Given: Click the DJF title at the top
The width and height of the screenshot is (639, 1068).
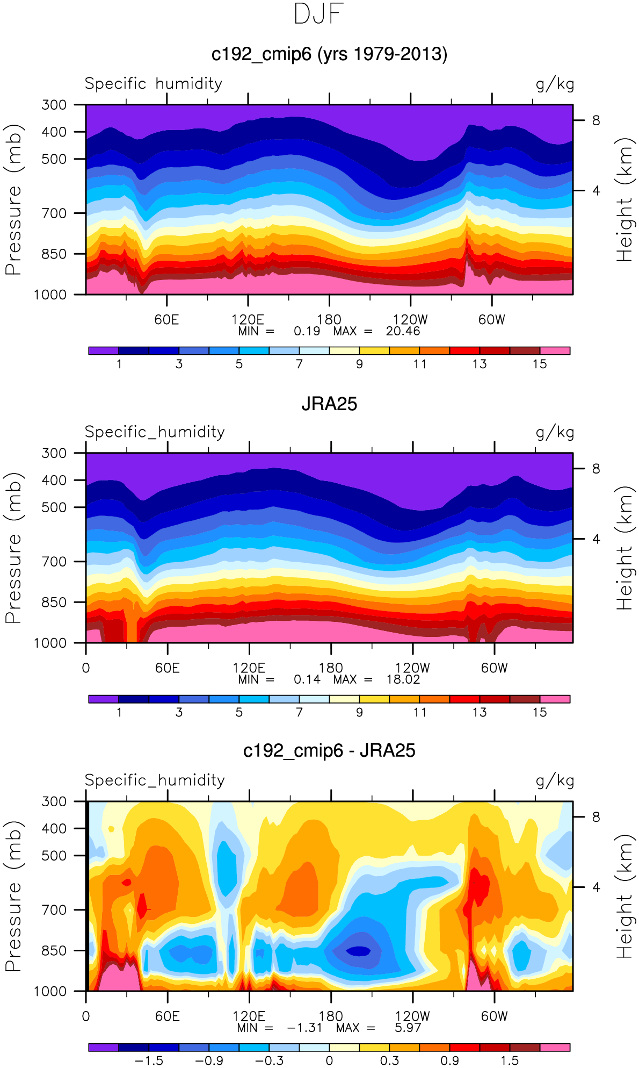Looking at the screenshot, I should [319, 14].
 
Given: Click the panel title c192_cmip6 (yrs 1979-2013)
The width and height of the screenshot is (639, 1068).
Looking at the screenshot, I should [329, 54].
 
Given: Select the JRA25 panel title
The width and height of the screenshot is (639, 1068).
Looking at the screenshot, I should [329, 404].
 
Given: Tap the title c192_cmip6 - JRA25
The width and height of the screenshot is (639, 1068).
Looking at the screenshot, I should [329, 750].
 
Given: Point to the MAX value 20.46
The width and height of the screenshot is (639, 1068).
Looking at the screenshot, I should [403, 331].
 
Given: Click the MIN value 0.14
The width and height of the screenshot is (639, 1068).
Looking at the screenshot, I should [307, 679].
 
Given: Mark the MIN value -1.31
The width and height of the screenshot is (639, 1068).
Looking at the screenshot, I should [304, 1028].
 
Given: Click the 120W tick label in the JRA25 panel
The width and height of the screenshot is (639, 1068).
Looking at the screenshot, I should [412, 668].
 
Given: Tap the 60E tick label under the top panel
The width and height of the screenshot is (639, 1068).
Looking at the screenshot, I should [166, 320].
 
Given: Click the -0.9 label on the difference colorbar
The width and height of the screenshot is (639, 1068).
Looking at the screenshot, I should [209, 1060].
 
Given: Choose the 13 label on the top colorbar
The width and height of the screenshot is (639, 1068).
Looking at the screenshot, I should [480, 364].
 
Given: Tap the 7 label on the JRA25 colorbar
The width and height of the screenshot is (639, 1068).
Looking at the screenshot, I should [299, 712].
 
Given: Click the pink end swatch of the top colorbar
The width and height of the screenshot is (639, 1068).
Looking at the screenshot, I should [555, 351].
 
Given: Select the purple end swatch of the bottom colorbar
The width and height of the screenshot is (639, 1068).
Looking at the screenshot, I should [103, 1047].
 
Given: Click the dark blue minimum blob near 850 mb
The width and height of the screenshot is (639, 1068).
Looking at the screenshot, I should [358, 951].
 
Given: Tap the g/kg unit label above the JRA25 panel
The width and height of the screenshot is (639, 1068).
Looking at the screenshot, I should [555, 432].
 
